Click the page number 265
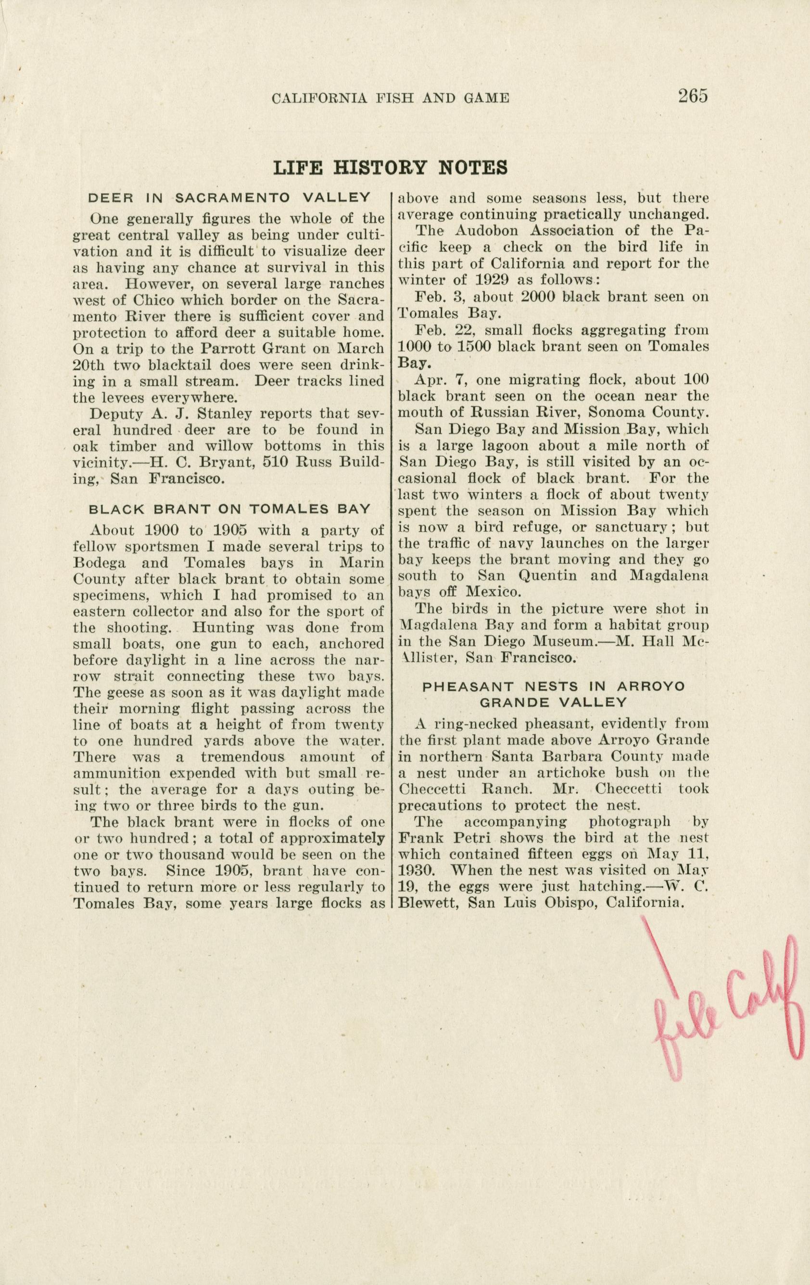(x=693, y=97)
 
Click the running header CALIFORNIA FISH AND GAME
(x=390, y=98)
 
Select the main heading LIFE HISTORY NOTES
(x=390, y=168)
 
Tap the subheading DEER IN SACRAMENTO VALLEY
(x=228, y=198)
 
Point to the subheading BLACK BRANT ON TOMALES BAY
(x=228, y=509)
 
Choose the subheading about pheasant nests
(x=553, y=694)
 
